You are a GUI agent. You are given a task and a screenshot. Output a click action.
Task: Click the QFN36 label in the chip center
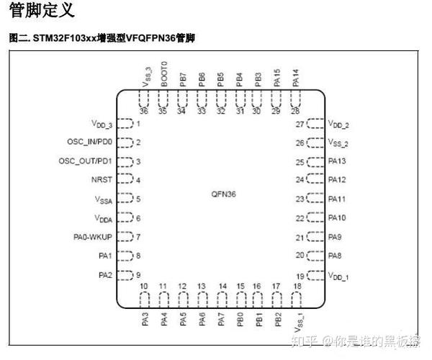tap(224, 194)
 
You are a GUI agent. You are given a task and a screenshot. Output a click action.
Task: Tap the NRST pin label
tap(102, 180)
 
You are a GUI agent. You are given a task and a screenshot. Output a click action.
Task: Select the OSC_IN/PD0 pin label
tap(86, 142)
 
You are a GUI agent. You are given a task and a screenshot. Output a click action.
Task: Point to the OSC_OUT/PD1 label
tap(84, 161)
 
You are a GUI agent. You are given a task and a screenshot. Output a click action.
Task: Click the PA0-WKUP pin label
tap(92, 237)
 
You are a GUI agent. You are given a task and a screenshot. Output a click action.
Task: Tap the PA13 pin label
tap(337, 161)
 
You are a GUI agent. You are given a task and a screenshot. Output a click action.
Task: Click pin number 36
tap(145, 111)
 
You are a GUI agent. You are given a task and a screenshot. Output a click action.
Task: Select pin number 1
tap(138, 124)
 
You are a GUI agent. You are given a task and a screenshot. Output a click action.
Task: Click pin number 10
tap(145, 287)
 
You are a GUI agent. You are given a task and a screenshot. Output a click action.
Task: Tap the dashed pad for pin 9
tap(125, 275)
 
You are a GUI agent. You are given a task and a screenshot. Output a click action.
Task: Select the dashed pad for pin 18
tap(297, 299)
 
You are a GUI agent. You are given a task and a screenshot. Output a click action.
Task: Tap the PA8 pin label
tap(335, 256)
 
